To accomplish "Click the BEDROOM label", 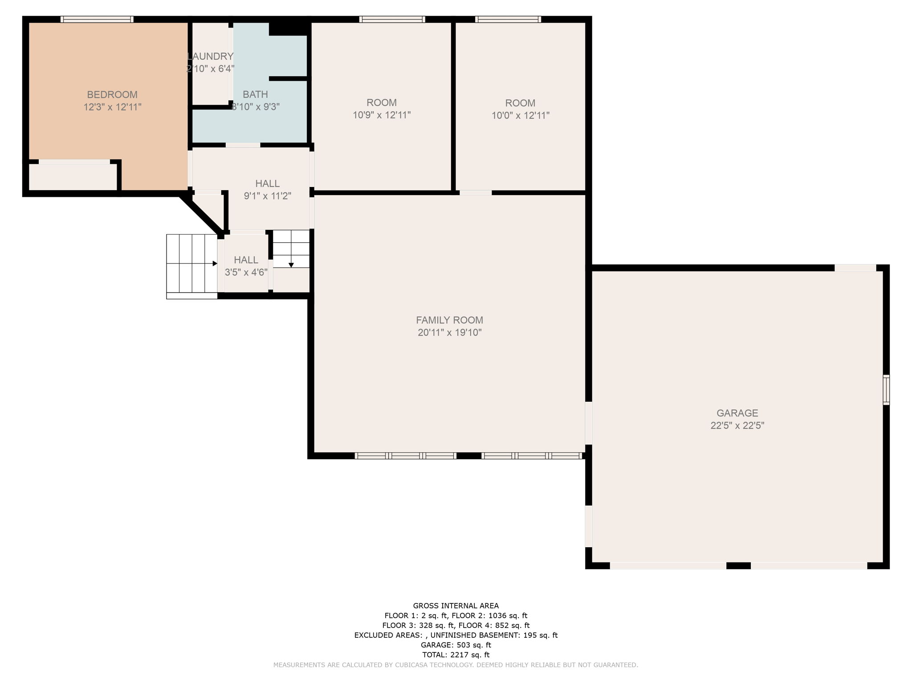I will pyautogui.click(x=112, y=94).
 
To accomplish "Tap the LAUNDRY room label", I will pyautogui.click(x=210, y=57).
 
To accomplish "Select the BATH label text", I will pyautogui.click(x=255, y=94).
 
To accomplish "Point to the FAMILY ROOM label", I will pyautogui.click(x=449, y=320).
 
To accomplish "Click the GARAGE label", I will pyautogui.click(x=737, y=413).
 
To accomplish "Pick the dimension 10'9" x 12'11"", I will pyautogui.click(x=382, y=115).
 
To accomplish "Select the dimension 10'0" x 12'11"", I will pyautogui.click(x=520, y=115).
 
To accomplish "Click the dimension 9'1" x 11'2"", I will pyautogui.click(x=267, y=195).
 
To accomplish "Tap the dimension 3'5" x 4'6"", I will pyautogui.click(x=246, y=272).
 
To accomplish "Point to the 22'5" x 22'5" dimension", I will pyautogui.click(x=737, y=425).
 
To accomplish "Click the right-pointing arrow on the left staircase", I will pyautogui.click(x=215, y=264).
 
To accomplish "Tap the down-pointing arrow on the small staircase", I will pyautogui.click(x=291, y=265).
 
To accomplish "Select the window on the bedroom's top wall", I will pyautogui.click(x=97, y=19).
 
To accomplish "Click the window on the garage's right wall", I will pyautogui.click(x=886, y=390).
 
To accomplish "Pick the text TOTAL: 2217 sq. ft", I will pyautogui.click(x=456, y=655).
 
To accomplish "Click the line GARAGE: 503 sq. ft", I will pyautogui.click(x=456, y=645).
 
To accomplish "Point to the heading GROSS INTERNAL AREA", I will pyautogui.click(x=456, y=606).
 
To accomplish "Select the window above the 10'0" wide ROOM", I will pyautogui.click(x=508, y=19).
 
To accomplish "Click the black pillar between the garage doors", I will pyautogui.click(x=738, y=566).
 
